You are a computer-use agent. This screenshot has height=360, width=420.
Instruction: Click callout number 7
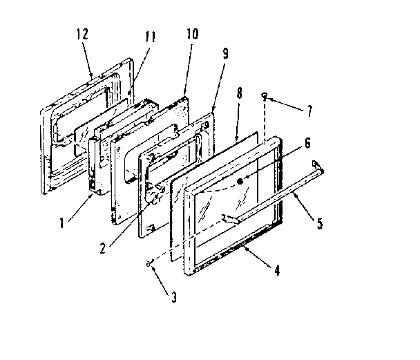(309, 108)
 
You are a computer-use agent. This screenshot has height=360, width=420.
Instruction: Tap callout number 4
(277, 270)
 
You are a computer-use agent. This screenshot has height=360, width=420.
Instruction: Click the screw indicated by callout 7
(265, 97)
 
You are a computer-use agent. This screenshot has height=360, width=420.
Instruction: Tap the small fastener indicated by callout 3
(148, 263)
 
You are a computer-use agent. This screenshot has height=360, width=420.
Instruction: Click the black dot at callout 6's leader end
(240, 182)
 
